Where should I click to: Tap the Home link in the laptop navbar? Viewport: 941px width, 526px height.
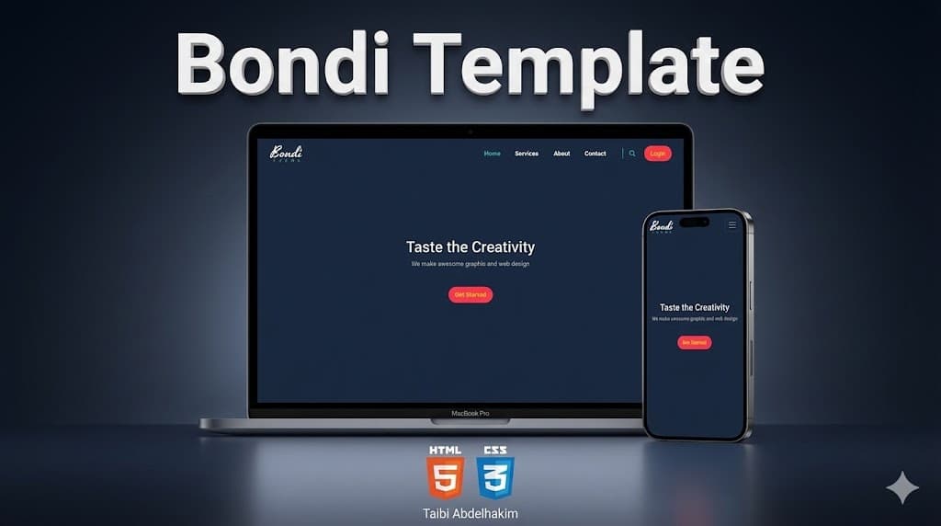coord(493,154)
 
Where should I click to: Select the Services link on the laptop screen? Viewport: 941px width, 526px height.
coord(527,154)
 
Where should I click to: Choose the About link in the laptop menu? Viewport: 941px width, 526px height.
coord(561,154)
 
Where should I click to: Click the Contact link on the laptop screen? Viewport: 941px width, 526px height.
coord(595,154)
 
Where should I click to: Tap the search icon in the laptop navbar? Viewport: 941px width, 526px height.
coord(632,154)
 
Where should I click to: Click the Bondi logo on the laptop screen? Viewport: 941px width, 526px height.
coord(286,153)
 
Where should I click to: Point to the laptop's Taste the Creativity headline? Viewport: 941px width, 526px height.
coord(470,246)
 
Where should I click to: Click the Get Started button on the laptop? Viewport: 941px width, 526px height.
coord(470,294)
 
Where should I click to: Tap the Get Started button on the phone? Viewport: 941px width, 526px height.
coord(695,342)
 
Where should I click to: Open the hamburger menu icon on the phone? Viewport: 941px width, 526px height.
coord(732,224)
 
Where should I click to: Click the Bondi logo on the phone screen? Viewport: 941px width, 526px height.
coord(662,225)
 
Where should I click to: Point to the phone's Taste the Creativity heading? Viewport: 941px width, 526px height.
coord(695,307)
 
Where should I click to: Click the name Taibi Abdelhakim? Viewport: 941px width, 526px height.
coord(470,513)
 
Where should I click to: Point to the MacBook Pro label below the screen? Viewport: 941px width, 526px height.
coord(470,414)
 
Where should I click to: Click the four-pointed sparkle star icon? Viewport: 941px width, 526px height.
coord(901,488)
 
